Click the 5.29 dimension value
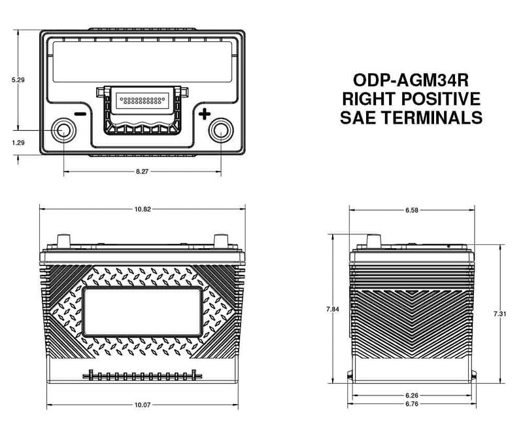click(18, 80)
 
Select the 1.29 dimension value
click(18, 141)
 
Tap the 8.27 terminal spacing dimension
click(142, 171)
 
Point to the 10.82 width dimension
click(142, 209)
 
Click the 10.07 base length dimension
click(142, 405)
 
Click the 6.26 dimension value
click(411, 395)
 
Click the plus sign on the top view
click(204, 115)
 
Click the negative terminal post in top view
click(63, 131)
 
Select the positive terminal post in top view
click(220, 131)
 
